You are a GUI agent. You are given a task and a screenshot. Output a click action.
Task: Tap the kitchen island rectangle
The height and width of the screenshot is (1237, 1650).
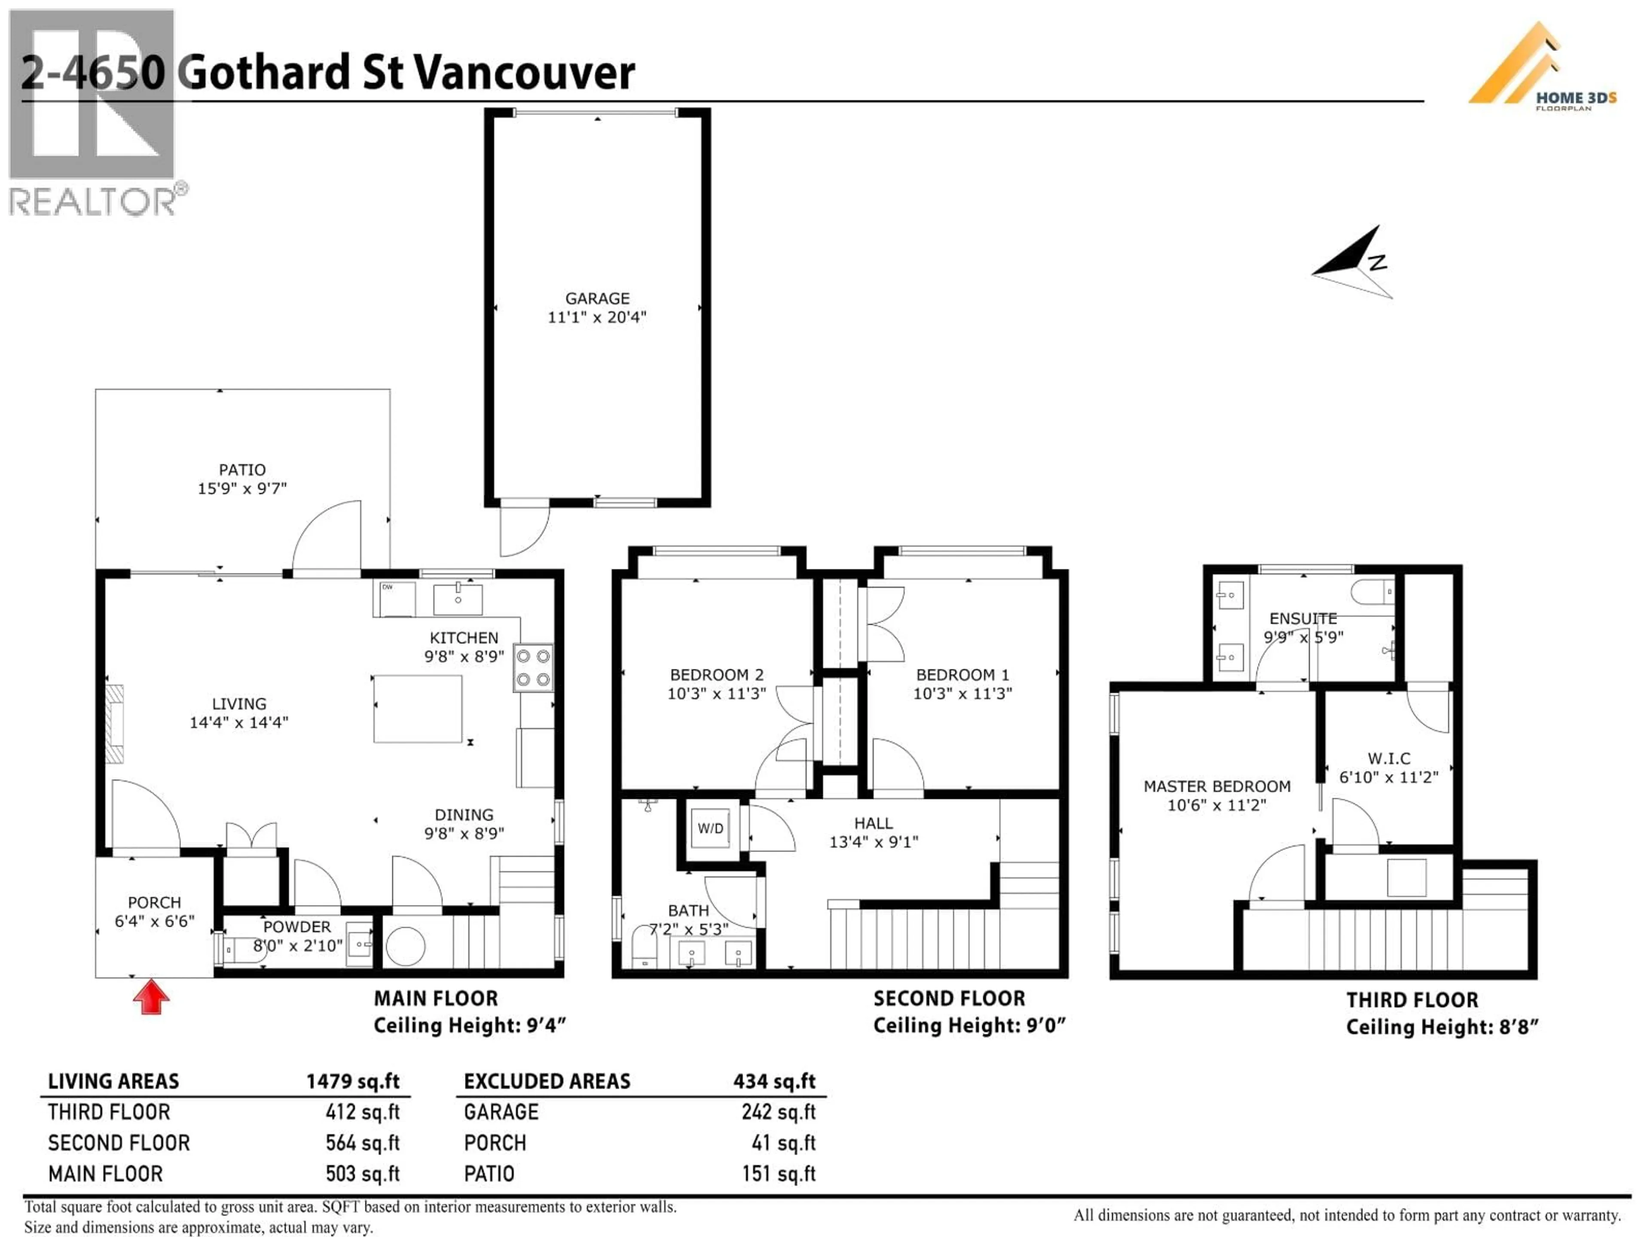(418, 708)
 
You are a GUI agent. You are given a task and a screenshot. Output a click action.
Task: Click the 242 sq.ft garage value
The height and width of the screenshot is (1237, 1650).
(778, 1112)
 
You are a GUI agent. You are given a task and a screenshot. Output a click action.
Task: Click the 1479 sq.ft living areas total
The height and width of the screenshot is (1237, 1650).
(353, 1081)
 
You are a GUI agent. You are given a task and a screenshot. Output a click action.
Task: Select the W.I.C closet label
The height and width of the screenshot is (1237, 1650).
(1388, 758)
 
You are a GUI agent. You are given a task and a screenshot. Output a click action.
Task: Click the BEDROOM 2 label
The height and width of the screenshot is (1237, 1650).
(716, 675)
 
